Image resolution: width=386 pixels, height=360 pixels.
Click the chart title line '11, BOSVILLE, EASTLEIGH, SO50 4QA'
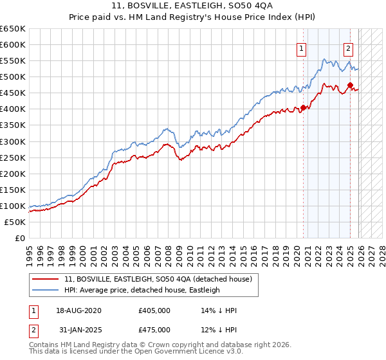click(x=193, y=5)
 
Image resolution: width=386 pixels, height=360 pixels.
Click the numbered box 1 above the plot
click(x=301, y=47)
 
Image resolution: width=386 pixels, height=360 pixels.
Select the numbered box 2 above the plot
click(x=348, y=47)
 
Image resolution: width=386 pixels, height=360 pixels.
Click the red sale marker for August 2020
click(x=303, y=108)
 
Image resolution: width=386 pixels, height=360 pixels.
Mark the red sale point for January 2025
click(x=350, y=85)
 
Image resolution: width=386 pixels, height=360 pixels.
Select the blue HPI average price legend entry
click(x=142, y=290)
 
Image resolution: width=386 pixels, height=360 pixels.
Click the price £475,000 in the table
click(x=154, y=330)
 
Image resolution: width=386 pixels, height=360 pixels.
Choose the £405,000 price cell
click(x=154, y=310)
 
